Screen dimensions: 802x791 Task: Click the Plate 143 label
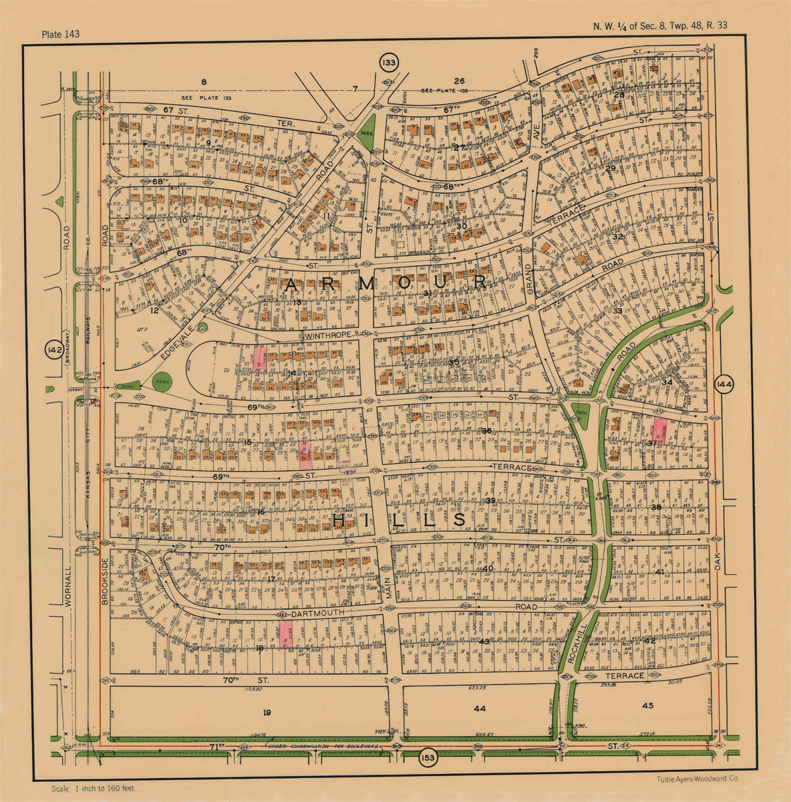tap(60, 34)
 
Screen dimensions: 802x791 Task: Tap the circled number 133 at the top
tap(387, 62)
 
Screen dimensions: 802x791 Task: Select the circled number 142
tap(54, 350)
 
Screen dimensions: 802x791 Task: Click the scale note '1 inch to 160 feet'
tap(92, 789)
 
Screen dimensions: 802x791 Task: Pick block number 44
tap(479, 708)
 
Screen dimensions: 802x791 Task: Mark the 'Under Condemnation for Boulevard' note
tap(327, 745)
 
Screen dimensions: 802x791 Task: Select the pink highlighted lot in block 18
tap(286, 634)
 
